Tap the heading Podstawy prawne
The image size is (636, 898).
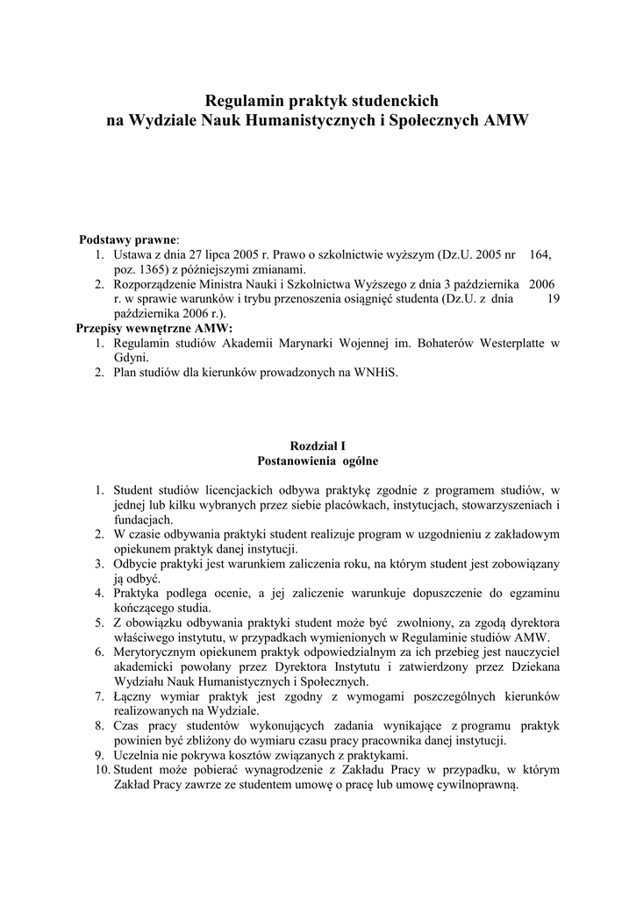pos(128,239)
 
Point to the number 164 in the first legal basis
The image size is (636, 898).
pos(540,254)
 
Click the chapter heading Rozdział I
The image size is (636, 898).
pos(318,445)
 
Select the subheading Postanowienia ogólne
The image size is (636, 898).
pos(318,460)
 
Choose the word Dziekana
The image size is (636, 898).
pos(533,668)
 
